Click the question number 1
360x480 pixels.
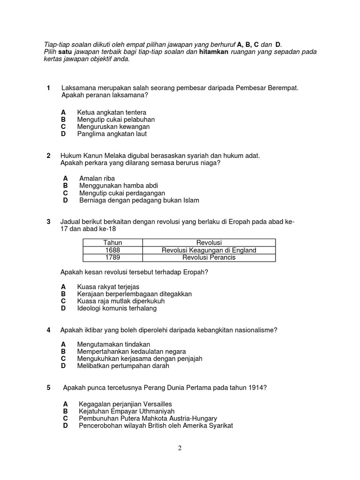coord(48,88)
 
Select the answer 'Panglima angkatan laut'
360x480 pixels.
coord(112,134)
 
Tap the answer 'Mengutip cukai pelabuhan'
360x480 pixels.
coord(115,120)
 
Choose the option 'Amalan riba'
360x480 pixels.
coord(97,178)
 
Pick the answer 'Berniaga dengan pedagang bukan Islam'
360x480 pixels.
coord(139,200)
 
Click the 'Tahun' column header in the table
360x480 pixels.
coord(112,242)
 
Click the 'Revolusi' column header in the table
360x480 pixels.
coord(209,242)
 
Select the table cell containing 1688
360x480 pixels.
coord(112,250)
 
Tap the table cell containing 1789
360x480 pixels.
coord(112,257)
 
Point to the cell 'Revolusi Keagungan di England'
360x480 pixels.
coord(209,250)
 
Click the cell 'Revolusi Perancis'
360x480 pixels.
coord(209,257)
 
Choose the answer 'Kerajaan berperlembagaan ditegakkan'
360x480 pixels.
coord(134,294)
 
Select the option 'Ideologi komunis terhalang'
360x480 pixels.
coord(117,308)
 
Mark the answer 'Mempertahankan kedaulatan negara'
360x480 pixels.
coord(131,351)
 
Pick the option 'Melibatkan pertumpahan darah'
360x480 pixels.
coord(123,366)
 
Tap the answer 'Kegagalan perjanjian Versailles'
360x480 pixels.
coord(125,404)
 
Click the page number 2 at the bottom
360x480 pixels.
coord(180,448)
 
